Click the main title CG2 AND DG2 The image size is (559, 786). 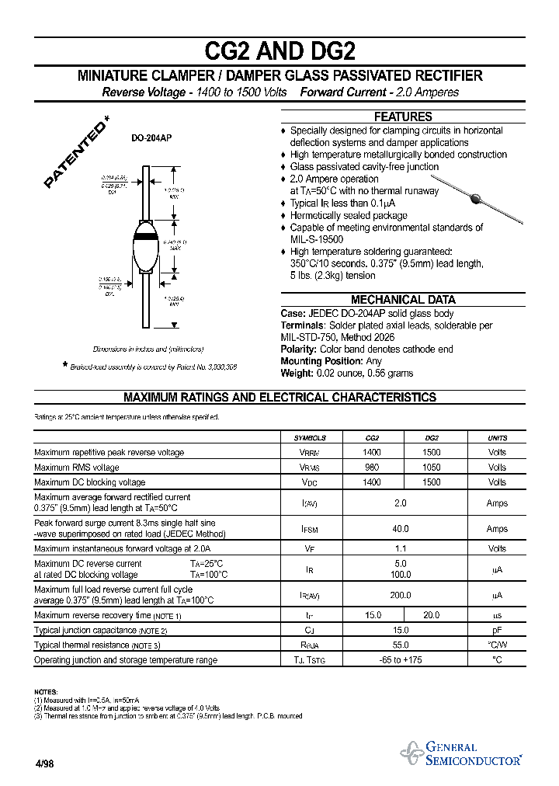[279, 51]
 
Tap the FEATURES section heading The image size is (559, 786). [403, 117]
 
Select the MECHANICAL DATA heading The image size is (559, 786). [403, 300]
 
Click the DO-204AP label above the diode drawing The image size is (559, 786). [151, 137]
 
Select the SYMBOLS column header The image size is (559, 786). [310, 438]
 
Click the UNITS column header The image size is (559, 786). [497, 438]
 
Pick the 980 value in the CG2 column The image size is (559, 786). [372, 468]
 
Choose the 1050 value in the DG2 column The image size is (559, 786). [431, 468]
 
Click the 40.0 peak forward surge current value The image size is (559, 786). [401, 529]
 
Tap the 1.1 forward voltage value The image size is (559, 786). [401, 548]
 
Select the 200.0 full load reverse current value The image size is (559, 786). [401, 596]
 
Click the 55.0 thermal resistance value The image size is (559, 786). [401, 645]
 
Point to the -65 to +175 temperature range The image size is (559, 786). [401, 660]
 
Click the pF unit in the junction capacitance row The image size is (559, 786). [497, 631]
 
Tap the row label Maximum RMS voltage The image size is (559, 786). [77, 468]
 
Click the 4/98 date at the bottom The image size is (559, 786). [44, 763]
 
